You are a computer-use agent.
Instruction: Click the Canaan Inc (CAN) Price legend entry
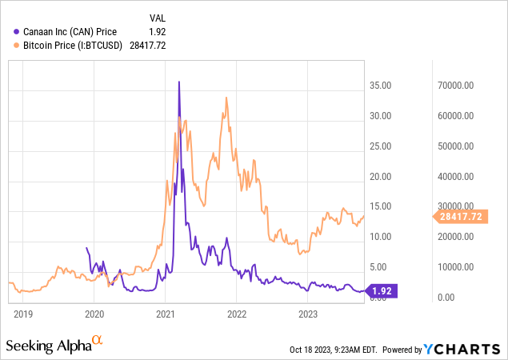coord(70,31)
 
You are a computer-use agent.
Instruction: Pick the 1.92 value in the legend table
coord(159,31)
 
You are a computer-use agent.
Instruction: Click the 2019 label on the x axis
coord(22,314)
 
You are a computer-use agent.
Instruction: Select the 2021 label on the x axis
coord(166,314)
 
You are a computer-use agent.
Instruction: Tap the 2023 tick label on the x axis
coord(308,314)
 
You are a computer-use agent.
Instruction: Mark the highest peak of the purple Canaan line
coord(178,82)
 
